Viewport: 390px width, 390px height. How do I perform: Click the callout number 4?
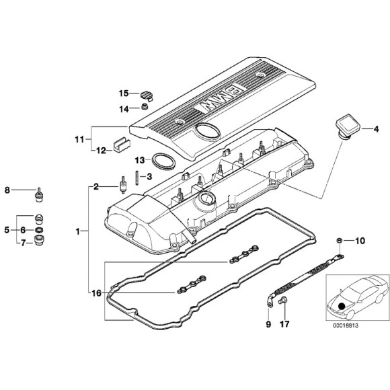pos(376,129)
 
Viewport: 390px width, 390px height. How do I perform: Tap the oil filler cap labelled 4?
pos(348,126)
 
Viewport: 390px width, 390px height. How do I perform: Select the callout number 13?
pos(140,161)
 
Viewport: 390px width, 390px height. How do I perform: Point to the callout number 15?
pos(124,93)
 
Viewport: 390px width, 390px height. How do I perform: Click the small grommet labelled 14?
pos(145,107)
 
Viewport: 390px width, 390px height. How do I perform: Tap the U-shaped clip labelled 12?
pos(122,145)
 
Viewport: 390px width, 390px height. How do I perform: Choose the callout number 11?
pos(79,140)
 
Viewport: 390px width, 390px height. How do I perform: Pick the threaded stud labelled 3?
pos(137,178)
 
